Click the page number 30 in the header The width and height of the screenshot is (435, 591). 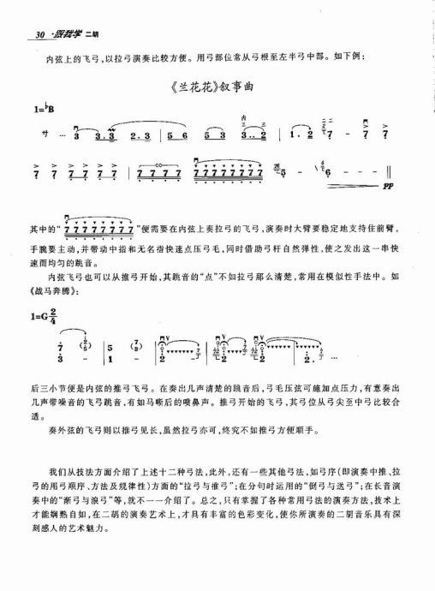pyautogui.click(x=36, y=34)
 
